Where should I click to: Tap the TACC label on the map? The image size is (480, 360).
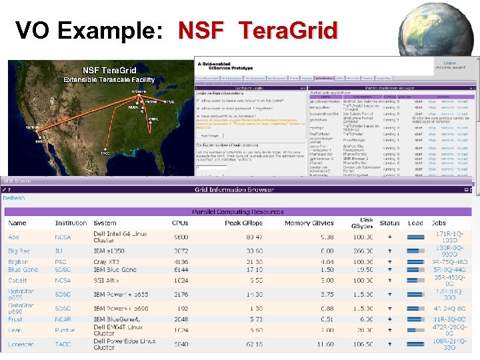point(105,153)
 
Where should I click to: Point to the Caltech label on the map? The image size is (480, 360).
point(32,127)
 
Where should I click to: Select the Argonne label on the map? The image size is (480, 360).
point(139,91)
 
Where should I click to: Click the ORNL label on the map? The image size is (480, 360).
point(153,119)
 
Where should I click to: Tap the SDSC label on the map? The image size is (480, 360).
point(41,141)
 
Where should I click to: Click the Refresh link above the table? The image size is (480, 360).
point(14,198)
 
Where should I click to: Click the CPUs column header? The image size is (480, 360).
point(180,223)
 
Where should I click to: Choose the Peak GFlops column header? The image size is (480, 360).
point(244,223)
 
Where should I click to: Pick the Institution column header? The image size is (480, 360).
point(71,223)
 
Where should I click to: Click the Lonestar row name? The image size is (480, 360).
point(19,344)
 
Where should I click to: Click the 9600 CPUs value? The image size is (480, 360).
point(181,237)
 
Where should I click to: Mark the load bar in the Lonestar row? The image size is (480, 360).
point(415,344)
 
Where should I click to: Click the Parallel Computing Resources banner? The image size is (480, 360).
point(239,212)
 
